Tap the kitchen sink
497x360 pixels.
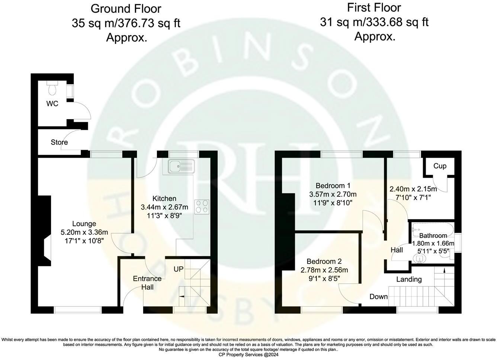click(181, 166)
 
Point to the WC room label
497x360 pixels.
click(52, 104)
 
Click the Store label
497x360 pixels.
click(59, 142)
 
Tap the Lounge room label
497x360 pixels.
click(84, 224)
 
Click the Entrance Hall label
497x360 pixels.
click(147, 283)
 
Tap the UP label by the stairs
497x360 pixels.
click(179, 269)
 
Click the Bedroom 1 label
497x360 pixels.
click(333, 185)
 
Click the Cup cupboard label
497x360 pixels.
click(440, 166)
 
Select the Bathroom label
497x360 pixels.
click(433, 235)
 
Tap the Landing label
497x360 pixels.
click(409, 279)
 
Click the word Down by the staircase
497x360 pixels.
click(378, 296)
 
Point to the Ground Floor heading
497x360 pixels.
click(126, 8)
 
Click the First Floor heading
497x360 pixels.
click(374, 7)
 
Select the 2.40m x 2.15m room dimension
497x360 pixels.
click(413, 189)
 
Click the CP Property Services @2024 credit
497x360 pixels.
click(248, 354)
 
